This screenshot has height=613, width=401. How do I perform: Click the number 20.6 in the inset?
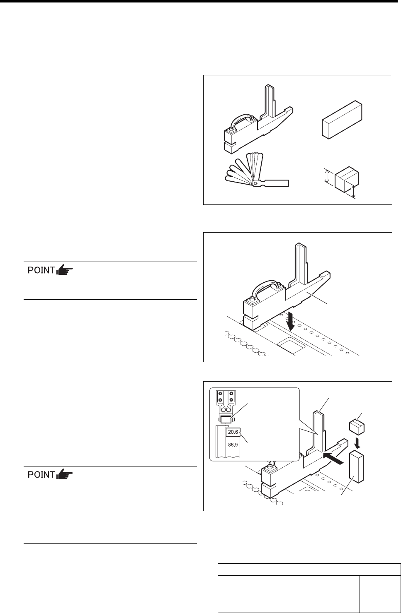[233, 432]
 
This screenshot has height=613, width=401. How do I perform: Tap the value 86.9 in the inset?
[233, 445]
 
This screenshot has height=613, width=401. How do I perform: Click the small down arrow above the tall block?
[357, 441]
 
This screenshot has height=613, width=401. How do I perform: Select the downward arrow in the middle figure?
[290, 321]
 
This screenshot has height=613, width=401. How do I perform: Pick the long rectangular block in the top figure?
[342, 120]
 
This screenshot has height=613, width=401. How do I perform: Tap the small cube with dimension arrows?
[346, 179]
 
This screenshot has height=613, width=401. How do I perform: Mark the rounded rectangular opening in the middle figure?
[291, 345]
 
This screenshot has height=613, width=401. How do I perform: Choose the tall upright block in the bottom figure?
[356, 468]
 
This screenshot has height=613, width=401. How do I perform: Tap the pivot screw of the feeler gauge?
[255, 183]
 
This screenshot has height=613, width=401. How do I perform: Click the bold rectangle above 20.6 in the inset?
[226, 419]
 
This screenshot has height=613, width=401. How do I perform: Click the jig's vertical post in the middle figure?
[301, 264]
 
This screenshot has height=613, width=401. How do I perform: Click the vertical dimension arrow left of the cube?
[326, 175]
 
